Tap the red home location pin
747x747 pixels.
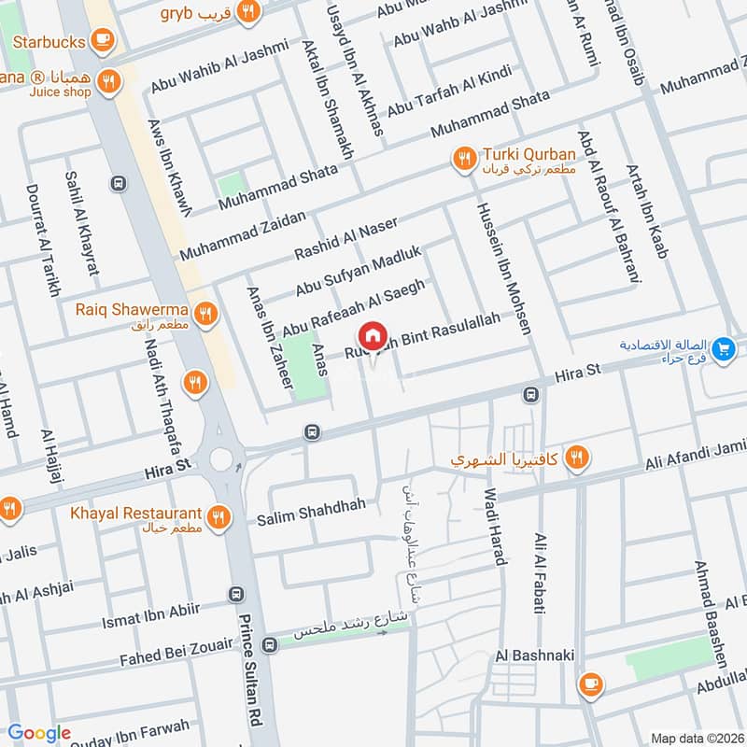[x=372, y=336]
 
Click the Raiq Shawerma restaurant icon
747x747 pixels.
[x=207, y=311]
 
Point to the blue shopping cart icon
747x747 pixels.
[x=721, y=350]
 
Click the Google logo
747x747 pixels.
[x=39, y=733]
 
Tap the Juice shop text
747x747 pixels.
[x=58, y=92]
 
